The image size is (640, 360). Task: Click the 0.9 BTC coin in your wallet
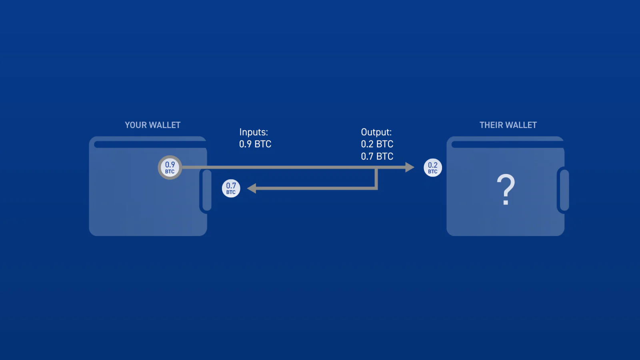tap(170, 168)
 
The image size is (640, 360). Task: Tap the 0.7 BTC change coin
tap(231, 188)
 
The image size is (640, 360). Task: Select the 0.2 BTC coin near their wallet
tap(432, 168)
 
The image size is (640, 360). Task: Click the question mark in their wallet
tap(506, 190)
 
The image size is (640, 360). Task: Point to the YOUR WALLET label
tap(152, 125)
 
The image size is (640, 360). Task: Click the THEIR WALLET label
tap(508, 125)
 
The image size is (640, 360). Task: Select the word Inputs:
tap(254, 132)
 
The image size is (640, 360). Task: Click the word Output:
tap(376, 132)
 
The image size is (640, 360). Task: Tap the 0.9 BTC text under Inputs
tap(255, 144)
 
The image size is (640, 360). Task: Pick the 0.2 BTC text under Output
tap(377, 144)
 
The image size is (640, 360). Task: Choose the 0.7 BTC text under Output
tap(377, 156)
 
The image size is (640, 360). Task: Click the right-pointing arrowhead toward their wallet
tap(410, 167)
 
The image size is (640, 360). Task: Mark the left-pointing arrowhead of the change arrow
tap(252, 188)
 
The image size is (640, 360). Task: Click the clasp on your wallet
tap(206, 190)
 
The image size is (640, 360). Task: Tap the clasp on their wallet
tap(564, 190)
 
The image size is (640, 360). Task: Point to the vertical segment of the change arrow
tap(376, 178)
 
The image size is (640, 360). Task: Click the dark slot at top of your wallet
tap(150, 144)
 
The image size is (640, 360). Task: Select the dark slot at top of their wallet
tap(508, 144)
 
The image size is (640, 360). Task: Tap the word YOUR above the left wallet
tap(136, 125)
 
